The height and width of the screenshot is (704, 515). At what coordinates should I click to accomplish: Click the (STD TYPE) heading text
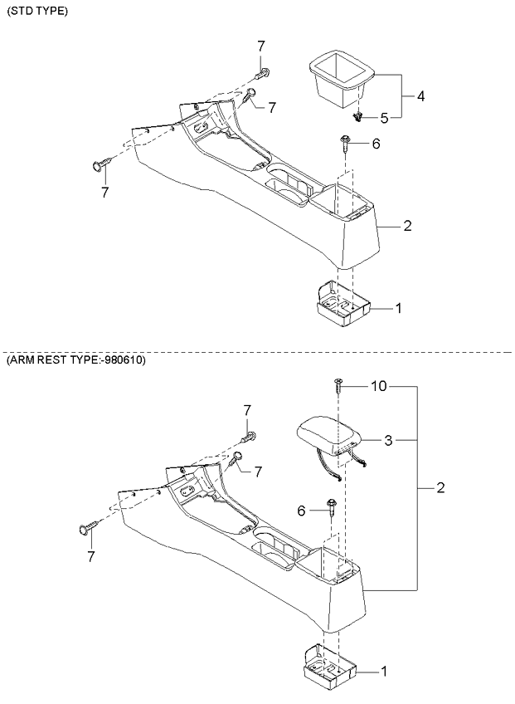37,12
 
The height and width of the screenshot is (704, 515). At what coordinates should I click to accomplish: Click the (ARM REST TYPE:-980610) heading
75,360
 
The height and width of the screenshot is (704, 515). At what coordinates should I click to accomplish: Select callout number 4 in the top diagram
420,96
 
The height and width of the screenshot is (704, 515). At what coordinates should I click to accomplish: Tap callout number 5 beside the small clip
385,118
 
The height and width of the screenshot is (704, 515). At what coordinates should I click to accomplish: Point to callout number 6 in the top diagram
376,144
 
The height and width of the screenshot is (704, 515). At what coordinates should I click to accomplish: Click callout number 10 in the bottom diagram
379,386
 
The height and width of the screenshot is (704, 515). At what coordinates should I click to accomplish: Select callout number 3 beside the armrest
388,441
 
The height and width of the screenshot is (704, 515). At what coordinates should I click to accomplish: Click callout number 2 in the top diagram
407,225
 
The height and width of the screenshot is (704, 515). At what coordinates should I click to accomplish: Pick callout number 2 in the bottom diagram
440,487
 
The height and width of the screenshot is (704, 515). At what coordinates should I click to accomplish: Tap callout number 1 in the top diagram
398,309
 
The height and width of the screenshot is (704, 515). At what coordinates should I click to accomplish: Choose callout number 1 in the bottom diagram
384,672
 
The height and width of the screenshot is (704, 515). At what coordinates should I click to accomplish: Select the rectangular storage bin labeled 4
343,80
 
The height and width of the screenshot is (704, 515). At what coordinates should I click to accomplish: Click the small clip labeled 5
357,118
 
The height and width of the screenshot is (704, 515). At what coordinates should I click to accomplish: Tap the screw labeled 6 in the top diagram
346,143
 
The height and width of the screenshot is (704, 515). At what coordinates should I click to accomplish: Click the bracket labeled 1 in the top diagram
343,303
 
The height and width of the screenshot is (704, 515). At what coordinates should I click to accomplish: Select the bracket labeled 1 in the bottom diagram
329,667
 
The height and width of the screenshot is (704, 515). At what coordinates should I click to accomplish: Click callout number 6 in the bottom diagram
302,511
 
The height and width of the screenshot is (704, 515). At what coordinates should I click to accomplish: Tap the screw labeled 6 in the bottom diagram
332,507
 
